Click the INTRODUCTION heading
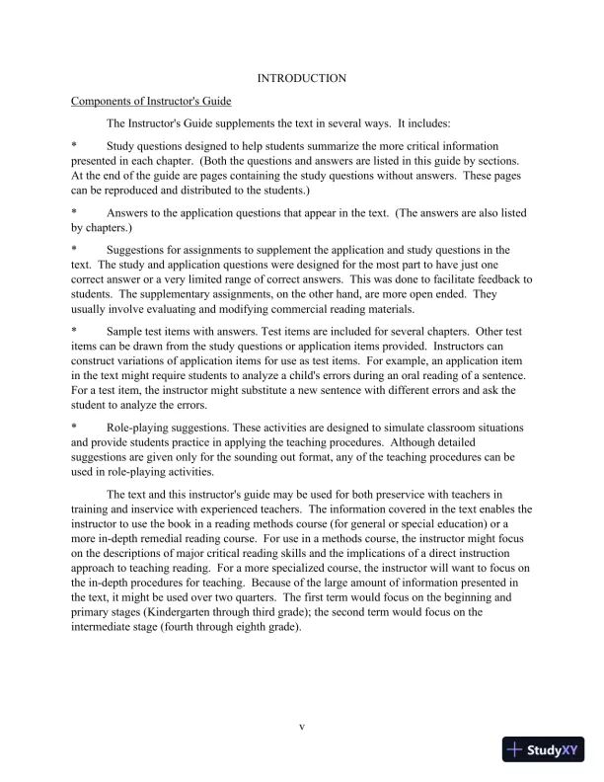(301, 77)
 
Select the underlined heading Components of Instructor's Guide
(148, 102)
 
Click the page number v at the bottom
(302, 728)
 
